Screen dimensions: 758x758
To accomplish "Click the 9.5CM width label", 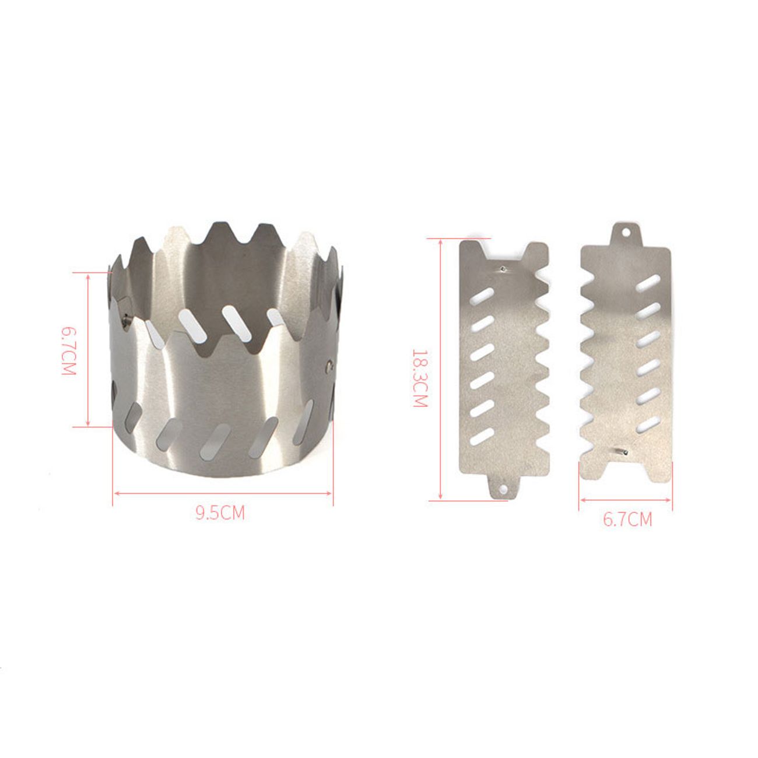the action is [220, 513].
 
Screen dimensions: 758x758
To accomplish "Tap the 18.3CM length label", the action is [420, 378].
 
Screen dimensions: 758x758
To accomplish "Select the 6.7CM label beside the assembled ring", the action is [68, 350].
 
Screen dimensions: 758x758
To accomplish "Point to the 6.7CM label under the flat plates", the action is [627, 520].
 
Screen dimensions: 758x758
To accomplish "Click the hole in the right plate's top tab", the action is [626, 233].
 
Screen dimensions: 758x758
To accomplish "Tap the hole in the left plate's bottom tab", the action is [503, 489].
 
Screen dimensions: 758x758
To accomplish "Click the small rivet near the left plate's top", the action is [503, 269].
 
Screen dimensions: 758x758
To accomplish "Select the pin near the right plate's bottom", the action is [622, 452].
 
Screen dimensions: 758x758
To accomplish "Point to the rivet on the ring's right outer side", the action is [329, 367].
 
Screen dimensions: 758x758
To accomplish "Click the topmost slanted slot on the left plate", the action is [482, 296].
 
